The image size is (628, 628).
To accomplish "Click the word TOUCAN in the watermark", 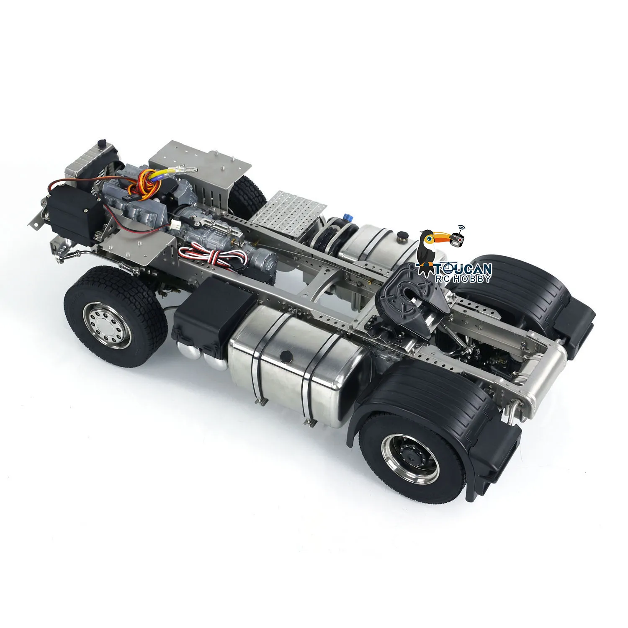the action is pyautogui.click(x=462, y=269).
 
